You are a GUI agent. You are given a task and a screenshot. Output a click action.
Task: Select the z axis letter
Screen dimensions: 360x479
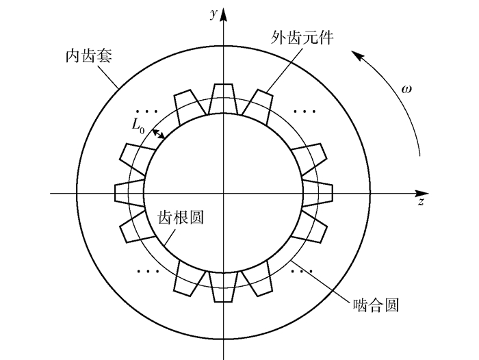[422, 203]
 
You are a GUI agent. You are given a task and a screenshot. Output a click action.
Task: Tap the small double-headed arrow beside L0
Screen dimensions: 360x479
[158, 134]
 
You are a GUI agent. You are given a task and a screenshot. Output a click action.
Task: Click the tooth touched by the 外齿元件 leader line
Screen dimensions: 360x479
[256, 103]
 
